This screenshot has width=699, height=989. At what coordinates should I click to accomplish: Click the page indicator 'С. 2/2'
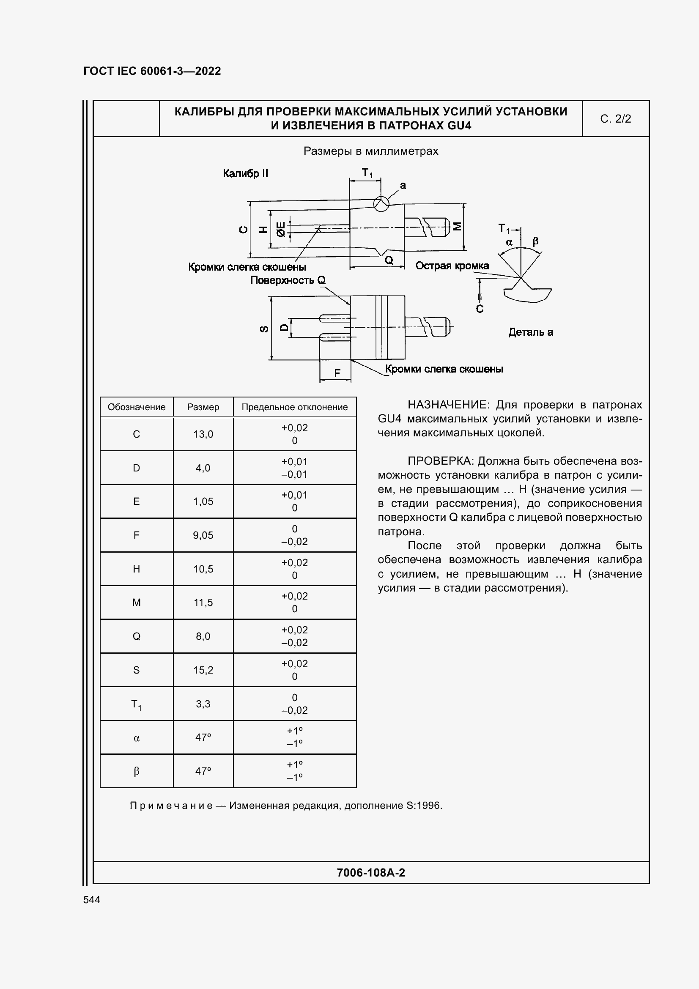tap(615, 119)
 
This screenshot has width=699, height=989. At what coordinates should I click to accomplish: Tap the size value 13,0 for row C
tap(203, 434)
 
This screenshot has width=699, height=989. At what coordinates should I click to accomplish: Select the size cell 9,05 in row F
tap(203, 535)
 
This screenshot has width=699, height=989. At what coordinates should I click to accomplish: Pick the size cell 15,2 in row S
tap(203, 670)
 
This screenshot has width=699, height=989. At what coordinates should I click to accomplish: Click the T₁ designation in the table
tap(136, 704)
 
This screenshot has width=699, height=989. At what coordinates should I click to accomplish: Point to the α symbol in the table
tap(136, 738)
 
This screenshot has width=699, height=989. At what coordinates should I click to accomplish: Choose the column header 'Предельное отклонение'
tap(294, 407)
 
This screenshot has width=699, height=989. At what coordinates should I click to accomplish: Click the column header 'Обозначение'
tap(136, 407)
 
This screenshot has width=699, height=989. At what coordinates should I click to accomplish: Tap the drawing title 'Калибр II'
tap(245, 174)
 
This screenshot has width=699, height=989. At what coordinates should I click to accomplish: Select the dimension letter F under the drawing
tap(337, 373)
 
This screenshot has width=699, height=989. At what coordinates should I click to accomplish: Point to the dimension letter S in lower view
tap(264, 329)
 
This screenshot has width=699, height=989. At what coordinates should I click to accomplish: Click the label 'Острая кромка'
tap(452, 266)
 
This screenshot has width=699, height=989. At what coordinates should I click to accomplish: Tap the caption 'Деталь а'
tap(530, 332)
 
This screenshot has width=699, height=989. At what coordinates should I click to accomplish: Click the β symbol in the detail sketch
tap(535, 241)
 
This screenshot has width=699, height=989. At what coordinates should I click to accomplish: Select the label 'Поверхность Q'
tap(287, 280)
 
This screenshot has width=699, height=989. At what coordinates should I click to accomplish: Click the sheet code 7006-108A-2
tap(370, 873)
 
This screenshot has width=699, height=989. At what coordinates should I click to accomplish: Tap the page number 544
tap(92, 899)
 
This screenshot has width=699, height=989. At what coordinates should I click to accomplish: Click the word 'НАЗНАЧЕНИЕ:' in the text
tap(447, 405)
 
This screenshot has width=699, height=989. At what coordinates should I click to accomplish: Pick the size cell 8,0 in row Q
tap(203, 636)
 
